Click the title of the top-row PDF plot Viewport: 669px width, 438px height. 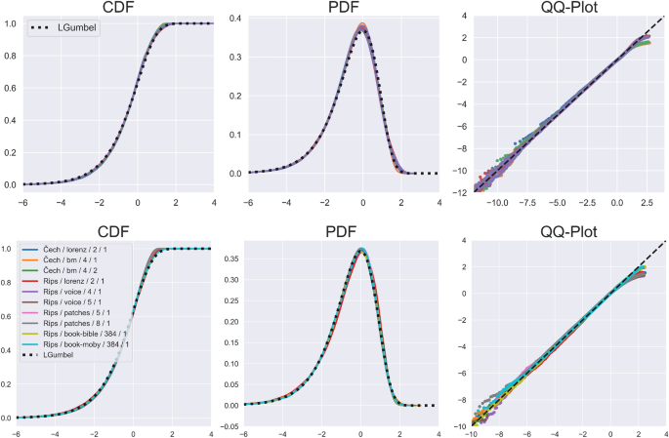click(x=361, y=9)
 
